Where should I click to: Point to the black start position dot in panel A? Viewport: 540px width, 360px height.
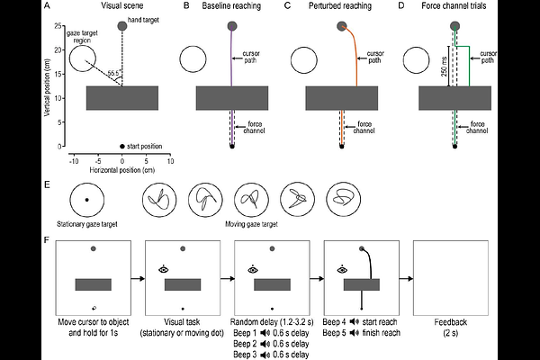click(122, 146)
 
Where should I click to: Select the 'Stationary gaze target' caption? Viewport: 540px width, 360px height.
click(86, 220)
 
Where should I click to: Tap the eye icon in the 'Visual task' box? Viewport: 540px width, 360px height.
click(164, 267)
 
